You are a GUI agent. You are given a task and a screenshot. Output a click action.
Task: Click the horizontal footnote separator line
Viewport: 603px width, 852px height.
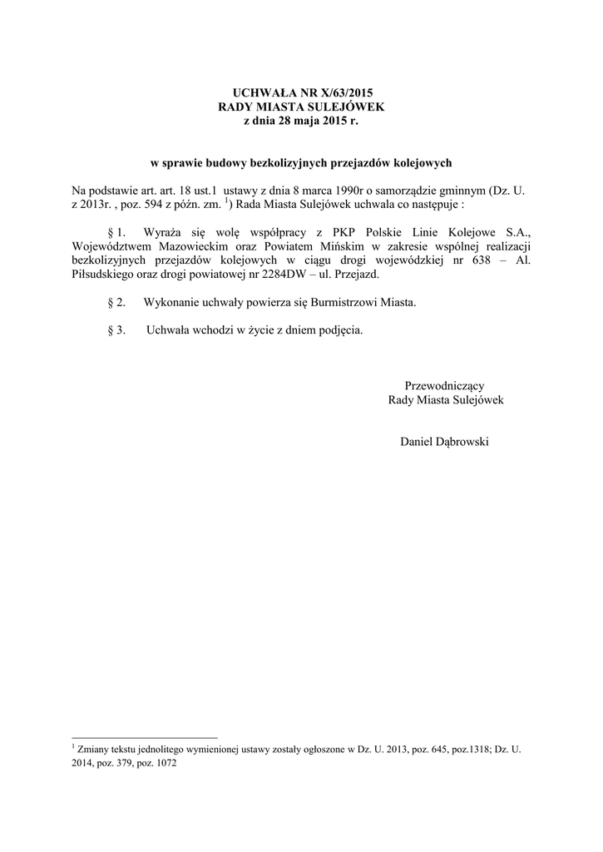146,737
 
